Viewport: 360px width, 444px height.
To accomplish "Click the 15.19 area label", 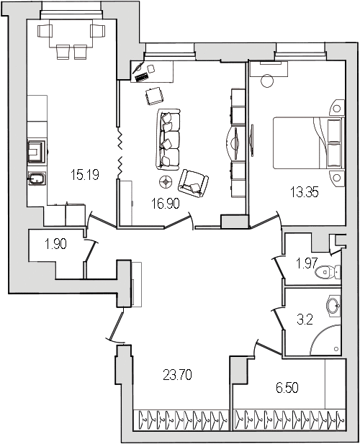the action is pos(85,174).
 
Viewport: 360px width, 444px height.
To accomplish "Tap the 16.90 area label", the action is pos(166,204).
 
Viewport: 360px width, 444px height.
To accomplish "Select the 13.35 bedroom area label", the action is pos(305,192).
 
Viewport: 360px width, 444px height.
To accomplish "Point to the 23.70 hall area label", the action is pos(178,375).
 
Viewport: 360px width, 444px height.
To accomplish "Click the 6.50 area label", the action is pos(287,388).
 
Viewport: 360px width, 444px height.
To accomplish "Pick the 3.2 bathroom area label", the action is pos(305,320).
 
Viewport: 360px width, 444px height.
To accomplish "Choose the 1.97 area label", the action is pos(307,263).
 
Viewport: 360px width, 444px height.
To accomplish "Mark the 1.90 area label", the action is pos(55,244).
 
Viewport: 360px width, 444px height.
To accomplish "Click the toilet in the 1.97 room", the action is pos(328,272).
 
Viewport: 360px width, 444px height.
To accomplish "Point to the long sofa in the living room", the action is pos(168,140).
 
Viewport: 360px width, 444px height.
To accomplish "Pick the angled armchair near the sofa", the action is pos(193,184).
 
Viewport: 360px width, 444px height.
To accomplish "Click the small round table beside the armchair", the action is pos(166,181).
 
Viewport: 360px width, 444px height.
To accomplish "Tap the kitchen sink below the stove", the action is pos(37,178).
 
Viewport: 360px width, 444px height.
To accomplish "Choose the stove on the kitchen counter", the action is pos(37,152).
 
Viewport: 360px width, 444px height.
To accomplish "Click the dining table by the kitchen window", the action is pos(71,33).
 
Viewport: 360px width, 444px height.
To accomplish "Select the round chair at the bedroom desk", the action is pos(267,81).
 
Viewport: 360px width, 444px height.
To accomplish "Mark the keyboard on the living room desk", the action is pos(142,77).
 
